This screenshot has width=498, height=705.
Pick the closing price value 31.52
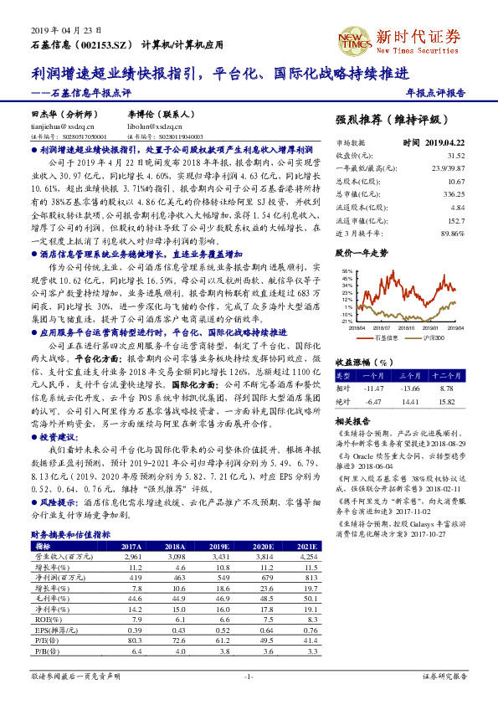[x=455, y=155]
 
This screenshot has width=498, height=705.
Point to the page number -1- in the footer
[x=248, y=675]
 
